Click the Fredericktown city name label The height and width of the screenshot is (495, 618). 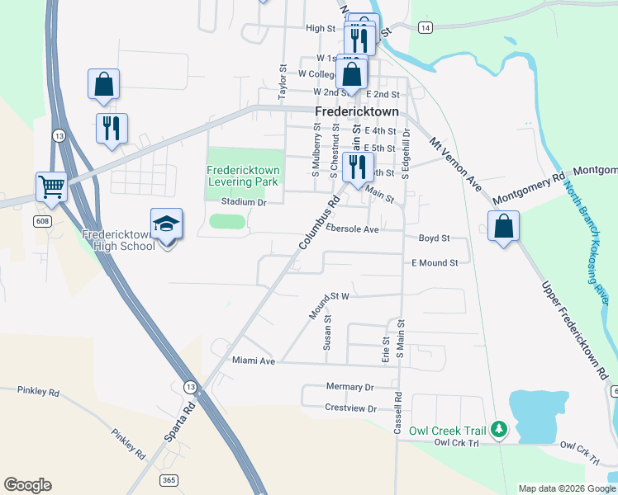click(x=356, y=111)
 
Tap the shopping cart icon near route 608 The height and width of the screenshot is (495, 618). click(x=51, y=186)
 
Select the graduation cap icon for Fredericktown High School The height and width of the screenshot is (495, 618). click(x=166, y=224)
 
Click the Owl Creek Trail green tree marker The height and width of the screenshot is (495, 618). click(x=498, y=429)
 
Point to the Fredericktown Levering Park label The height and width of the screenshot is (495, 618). click(x=243, y=176)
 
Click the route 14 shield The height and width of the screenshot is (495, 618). click(x=425, y=28)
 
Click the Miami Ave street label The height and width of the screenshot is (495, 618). click(x=253, y=361)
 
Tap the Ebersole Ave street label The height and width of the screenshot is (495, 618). click(x=352, y=229)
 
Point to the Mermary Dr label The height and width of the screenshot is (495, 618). click(x=349, y=387)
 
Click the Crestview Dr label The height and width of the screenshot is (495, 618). click(x=350, y=408)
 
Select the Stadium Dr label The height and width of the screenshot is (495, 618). click(x=244, y=202)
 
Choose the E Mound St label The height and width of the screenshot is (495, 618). click(x=435, y=263)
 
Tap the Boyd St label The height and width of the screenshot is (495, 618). click(x=434, y=238)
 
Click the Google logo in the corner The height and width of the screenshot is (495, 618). click(x=27, y=485)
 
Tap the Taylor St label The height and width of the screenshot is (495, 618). click(x=282, y=81)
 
